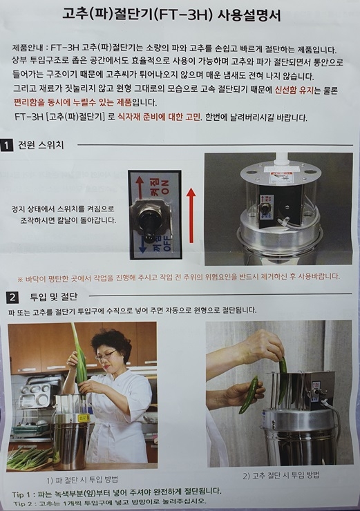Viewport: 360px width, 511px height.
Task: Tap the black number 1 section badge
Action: tap(6, 145)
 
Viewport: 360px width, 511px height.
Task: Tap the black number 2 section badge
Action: tap(12, 297)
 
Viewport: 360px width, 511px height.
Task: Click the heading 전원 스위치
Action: tap(41, 145)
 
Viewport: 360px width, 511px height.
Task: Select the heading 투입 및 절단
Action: tap(53, 296)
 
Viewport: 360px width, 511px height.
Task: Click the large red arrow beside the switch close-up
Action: tap(191, 216)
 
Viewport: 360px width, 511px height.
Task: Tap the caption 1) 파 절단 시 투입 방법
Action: tap(82, 479)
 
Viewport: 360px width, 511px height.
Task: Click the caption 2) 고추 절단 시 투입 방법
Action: tap(281, 475)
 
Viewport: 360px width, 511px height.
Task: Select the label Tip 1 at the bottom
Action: tap(23, 494)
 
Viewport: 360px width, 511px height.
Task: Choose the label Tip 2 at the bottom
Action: tap(24, 503)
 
